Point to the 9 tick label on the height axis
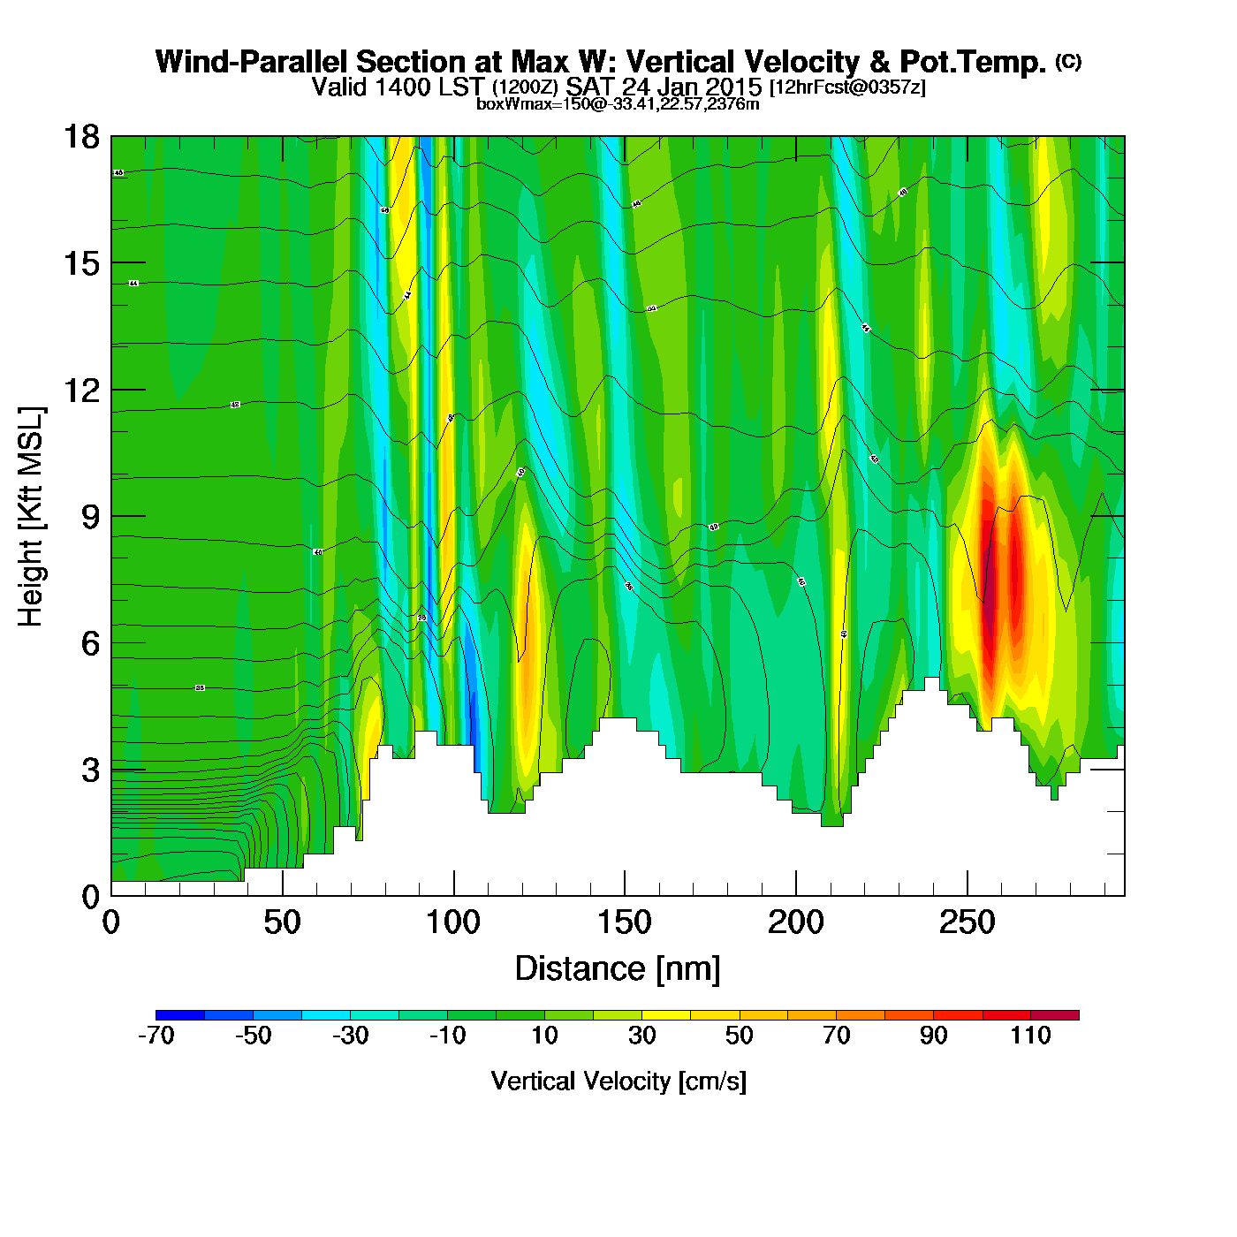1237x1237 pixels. pos(90,517)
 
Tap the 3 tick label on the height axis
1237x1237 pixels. pos(90,770)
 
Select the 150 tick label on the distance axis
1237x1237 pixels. pos(624,923)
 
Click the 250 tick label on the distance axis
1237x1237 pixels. pos(967,923)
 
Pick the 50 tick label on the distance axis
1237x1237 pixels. pos(282,923)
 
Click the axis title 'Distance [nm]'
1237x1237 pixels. pos(618,969)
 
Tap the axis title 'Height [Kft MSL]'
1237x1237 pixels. pos(31,517)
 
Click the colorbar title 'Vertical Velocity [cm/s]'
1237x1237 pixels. pos(618,1081)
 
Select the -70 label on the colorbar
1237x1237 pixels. pos(156,1036)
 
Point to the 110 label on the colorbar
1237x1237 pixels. pos(1030,1036)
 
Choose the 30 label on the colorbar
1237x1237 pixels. pos(641,1036)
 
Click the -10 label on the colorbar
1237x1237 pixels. pos(447,1036)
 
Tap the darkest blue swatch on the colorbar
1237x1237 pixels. pos(180,1015)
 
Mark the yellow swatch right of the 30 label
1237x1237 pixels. pos(666,1015)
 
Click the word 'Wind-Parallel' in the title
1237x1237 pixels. pos(253,62)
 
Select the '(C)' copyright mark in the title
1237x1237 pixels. pos(1068,61)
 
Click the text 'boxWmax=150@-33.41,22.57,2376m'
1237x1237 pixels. pos(618,104)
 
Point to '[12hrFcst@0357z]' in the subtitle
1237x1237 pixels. pos(847,87)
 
